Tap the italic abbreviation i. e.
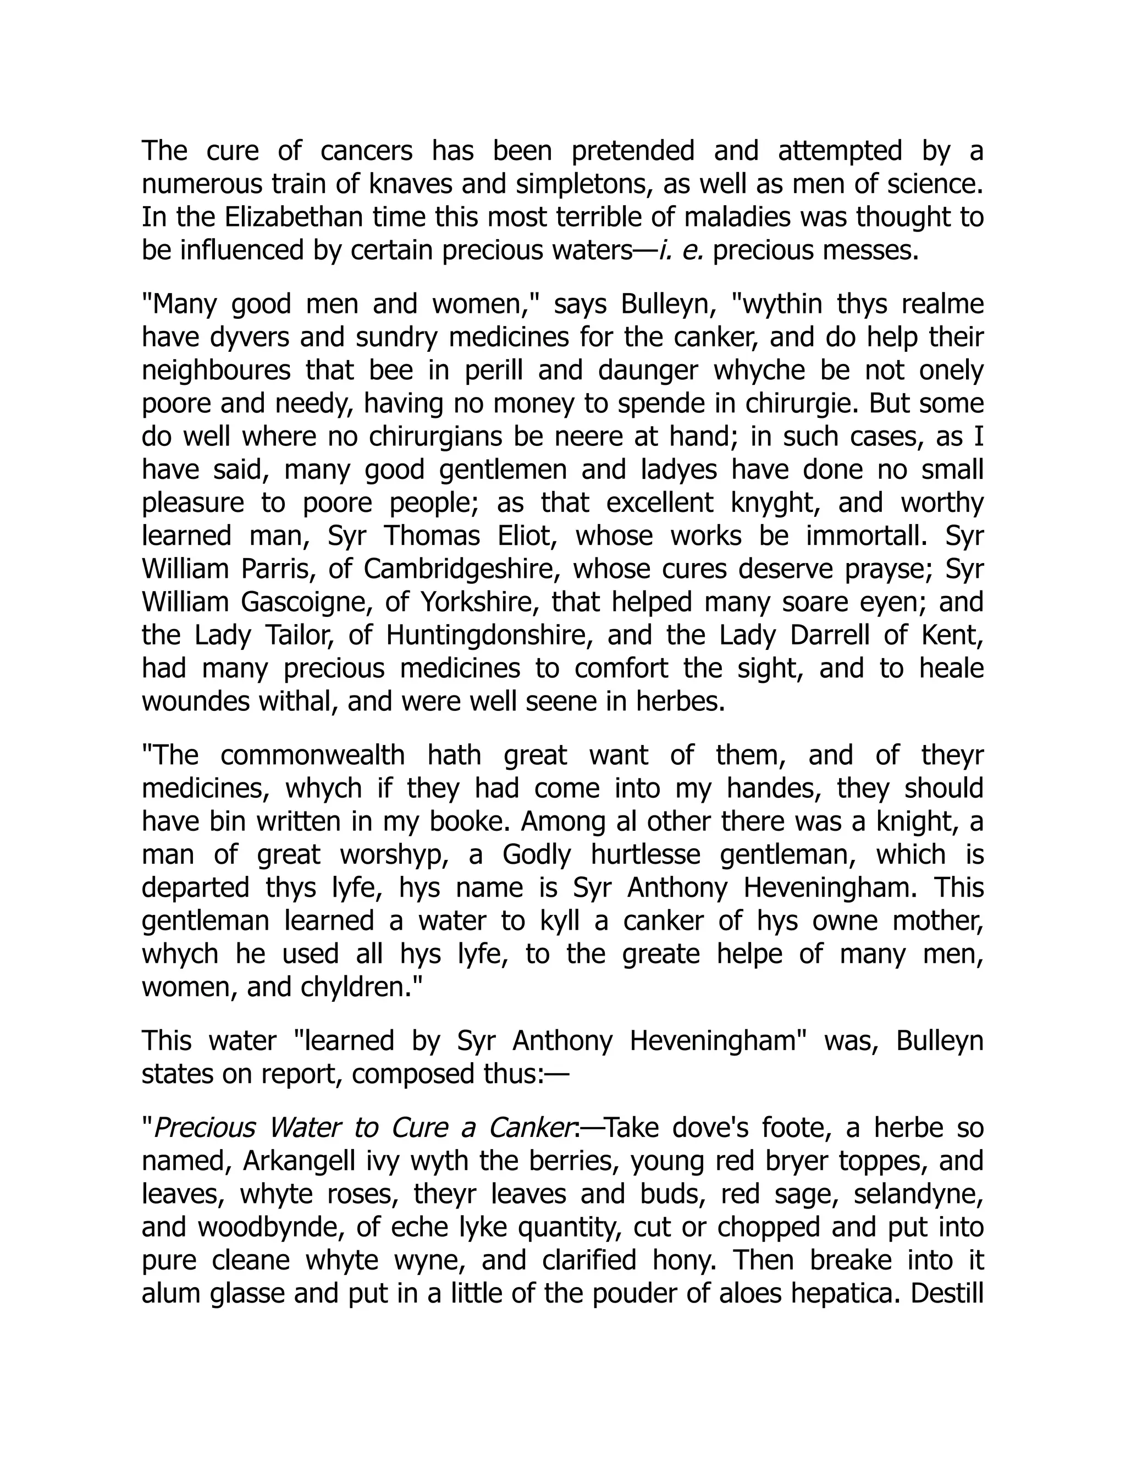pos(681,251)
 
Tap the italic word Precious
pos(204,1129)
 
